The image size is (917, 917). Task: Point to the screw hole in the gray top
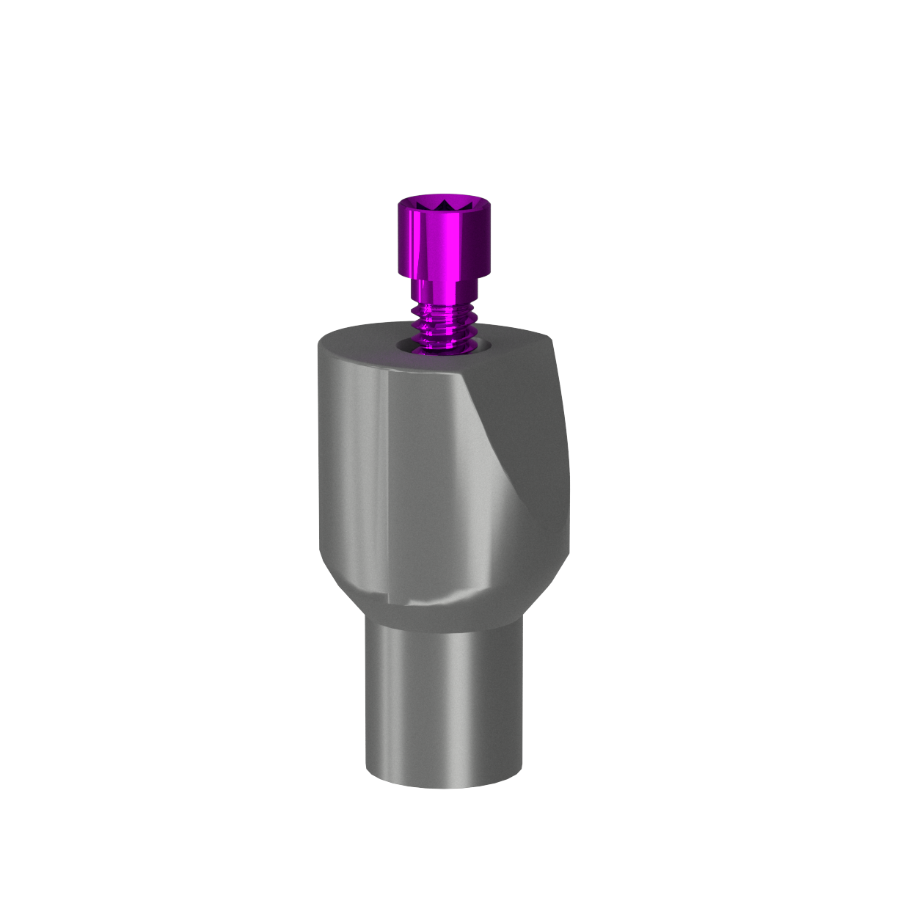click(438, 345)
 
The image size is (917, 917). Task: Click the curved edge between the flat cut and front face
click(499, 440)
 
